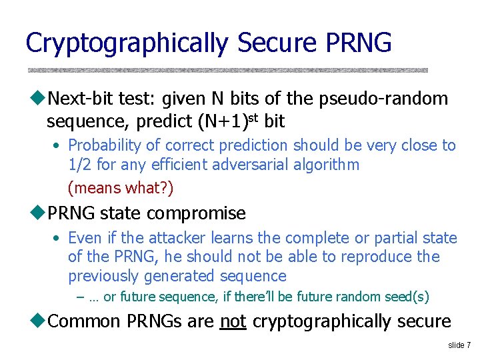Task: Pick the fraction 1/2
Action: (x=81, y=165)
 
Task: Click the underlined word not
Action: (x=233, y=321)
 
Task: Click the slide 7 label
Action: (x=459, y=345)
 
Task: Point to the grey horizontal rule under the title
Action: (x=227, y=69)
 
